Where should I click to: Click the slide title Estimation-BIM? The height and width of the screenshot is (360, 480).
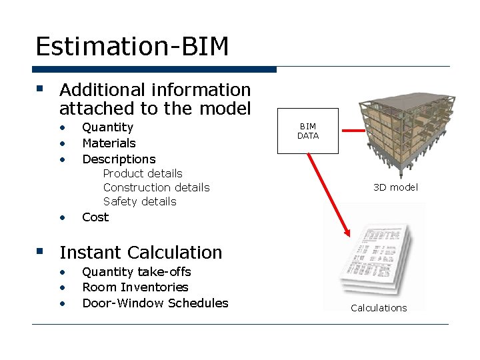click(132, 47)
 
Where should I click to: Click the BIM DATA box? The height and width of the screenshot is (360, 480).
click(307, 131)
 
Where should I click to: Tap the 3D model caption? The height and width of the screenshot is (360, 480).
click(395, 187)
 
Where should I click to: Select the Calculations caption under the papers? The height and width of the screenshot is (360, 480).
click(379, 308)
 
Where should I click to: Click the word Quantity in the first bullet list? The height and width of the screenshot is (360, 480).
click(107, 127)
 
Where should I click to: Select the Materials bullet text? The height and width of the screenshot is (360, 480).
click(109, 143)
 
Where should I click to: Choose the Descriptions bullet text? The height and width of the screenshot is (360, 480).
click(119, 159)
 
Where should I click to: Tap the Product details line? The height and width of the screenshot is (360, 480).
click(143, 173)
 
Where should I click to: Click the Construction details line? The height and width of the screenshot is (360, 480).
click(156, 187)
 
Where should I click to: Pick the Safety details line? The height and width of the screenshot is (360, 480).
click(140, 201)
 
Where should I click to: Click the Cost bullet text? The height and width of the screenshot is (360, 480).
click(95, 217)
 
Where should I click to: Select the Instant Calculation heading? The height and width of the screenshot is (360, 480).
click(141, 253)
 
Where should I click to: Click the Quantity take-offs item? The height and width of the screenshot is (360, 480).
click(137, 272)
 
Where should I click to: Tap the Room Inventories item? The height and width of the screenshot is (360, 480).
click(135, 287)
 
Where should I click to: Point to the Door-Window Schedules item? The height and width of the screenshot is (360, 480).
click(155, 303)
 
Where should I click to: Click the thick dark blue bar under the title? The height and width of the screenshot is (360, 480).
click(154, 69)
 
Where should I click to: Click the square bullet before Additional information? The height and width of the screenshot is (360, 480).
click(40, 88)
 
